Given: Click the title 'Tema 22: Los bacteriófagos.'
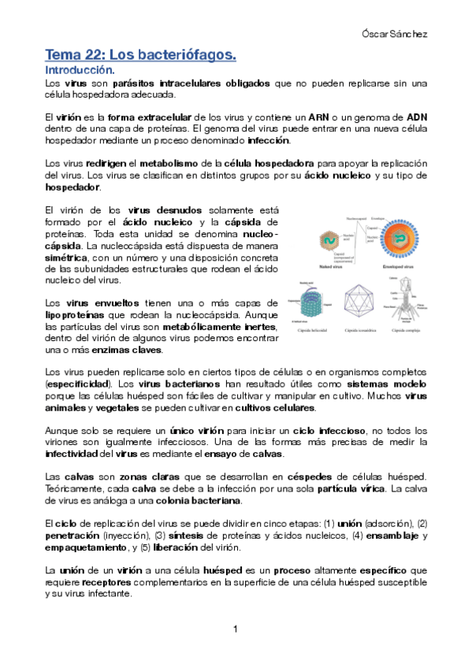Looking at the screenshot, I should pyautogui.click(x=141, y=55).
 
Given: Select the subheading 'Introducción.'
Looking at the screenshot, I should pyautogui.click(x=82, y=70).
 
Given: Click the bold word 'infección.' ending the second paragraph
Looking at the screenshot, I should pyautogui.click(x=269, y=141).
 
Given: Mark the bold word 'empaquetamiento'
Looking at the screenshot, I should pyautogui.click(x=89, y=547).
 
